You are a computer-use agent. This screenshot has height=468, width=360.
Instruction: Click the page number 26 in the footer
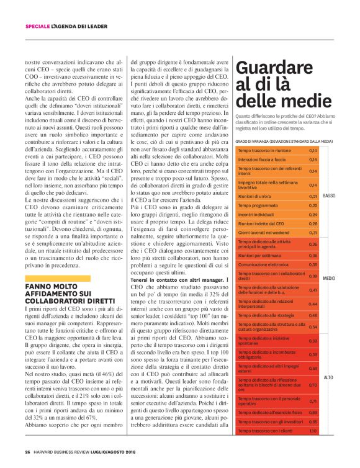[x=28, y=451]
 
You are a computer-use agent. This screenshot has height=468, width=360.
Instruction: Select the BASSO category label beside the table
[x=329, y=196]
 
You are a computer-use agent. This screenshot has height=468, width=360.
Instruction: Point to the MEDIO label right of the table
[x=329, y=277]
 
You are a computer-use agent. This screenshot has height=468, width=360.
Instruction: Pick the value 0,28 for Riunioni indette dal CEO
[x=313, y=223]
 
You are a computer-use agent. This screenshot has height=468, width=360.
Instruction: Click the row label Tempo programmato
[x=257, y=205]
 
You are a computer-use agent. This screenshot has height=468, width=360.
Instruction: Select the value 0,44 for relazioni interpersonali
[x=313, y=304]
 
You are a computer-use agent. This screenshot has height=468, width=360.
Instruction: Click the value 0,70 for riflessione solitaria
[x=313, y=385]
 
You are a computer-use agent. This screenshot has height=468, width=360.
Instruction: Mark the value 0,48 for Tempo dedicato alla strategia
[x=313, y=315]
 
